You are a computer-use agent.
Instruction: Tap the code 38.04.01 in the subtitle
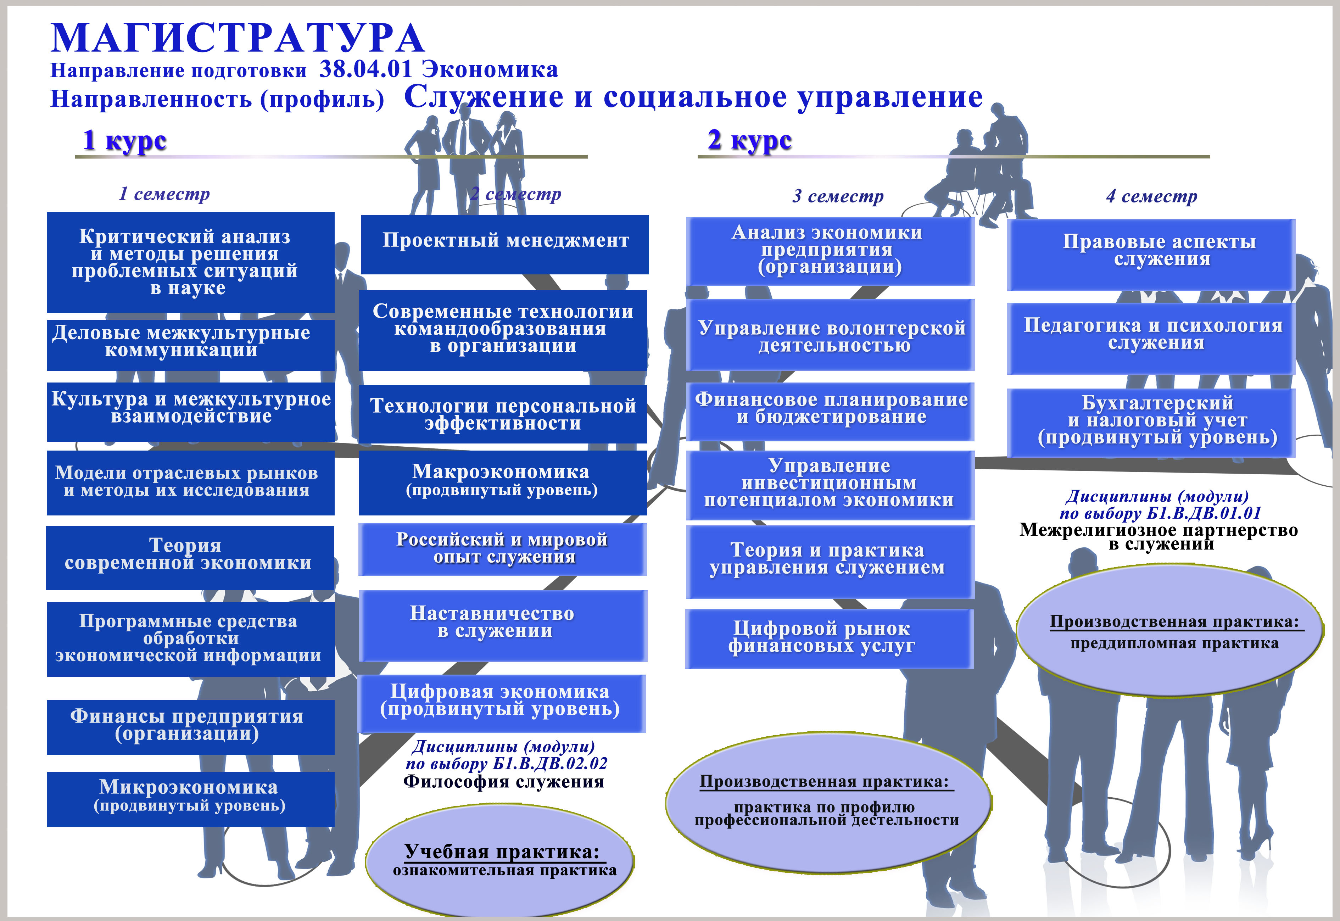pyautogui.click(x=365, y=69)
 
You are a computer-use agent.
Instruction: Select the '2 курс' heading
pyautogui.click(x=749, y=140)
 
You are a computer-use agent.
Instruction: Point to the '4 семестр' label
pyautogui.click(x=1151, y=196)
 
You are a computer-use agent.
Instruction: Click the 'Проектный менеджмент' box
pyautogui.click(x=505, y=244)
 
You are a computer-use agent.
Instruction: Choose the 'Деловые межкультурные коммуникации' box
pyautogui.click(x=190, y=345)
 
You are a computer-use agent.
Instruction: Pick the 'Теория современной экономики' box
pyautogui.click(x=190, y=557)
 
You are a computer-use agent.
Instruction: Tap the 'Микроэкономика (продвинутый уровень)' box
pyautogui.click(x=190, y=799)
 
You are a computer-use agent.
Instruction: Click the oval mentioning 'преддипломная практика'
pyautogui.click(x=1169, y=632)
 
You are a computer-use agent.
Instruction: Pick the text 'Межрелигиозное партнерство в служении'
pyautogui.click(x=1158, y=537)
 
